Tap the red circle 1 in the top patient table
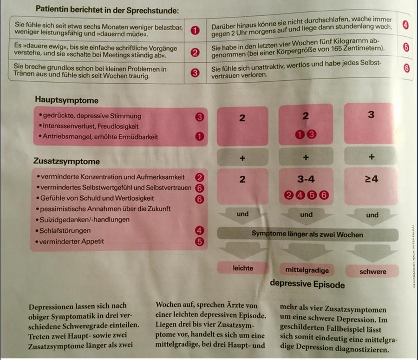(195, 31)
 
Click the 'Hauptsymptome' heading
(66, 100)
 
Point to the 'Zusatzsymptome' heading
(66, 162)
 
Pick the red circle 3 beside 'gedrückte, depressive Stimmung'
(200, 117)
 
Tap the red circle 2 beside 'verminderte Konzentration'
(200, 177)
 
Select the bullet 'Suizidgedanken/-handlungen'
(85, 219)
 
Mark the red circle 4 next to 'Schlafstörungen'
(200, 230)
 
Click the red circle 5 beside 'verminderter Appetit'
(200, 241)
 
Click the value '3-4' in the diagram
(306, 179)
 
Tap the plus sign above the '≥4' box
(371, 157)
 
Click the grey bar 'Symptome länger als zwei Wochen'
(307, 234)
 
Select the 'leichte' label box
(242, 268)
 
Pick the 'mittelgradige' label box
(307, 270)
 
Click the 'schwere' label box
(372, 271)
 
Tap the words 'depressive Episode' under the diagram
(307, 284)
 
